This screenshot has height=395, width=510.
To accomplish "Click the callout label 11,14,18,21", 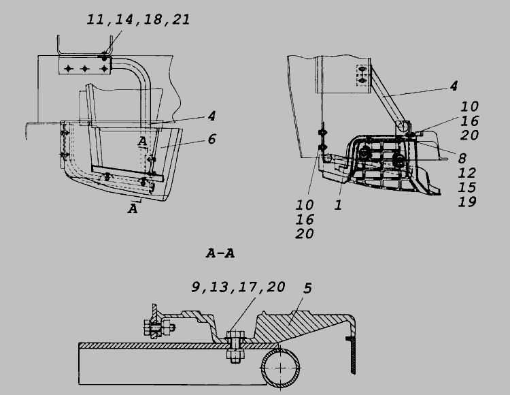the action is [138, 20].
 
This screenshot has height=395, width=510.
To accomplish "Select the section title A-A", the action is [220, 253].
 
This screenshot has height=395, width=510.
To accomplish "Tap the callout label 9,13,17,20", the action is [239, 287].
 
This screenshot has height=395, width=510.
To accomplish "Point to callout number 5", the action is [307, 288].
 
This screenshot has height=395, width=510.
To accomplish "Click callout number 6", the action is [211, 139].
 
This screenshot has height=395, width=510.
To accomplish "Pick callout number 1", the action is [338, 205].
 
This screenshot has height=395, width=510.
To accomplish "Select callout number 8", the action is [462, 159].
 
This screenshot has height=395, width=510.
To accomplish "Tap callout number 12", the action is [467, 173].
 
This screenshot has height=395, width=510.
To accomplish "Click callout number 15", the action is [467, 187].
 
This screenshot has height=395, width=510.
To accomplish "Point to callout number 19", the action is [467, 202].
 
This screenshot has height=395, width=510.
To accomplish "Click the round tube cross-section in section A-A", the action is [280, 368].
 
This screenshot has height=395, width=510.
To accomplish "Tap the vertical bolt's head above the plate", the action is [235, 335].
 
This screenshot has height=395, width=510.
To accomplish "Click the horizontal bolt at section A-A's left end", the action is [159, 328].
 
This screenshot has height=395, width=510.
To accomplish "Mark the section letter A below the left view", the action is [133, 208].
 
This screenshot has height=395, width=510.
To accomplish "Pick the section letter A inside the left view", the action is [142, 142].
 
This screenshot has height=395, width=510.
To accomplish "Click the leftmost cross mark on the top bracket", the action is [68, 69].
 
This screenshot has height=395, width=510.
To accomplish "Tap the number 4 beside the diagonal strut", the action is [454, 86].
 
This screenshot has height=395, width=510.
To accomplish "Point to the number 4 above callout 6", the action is [211, 116].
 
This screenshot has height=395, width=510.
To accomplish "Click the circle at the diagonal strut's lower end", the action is [403, 126].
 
